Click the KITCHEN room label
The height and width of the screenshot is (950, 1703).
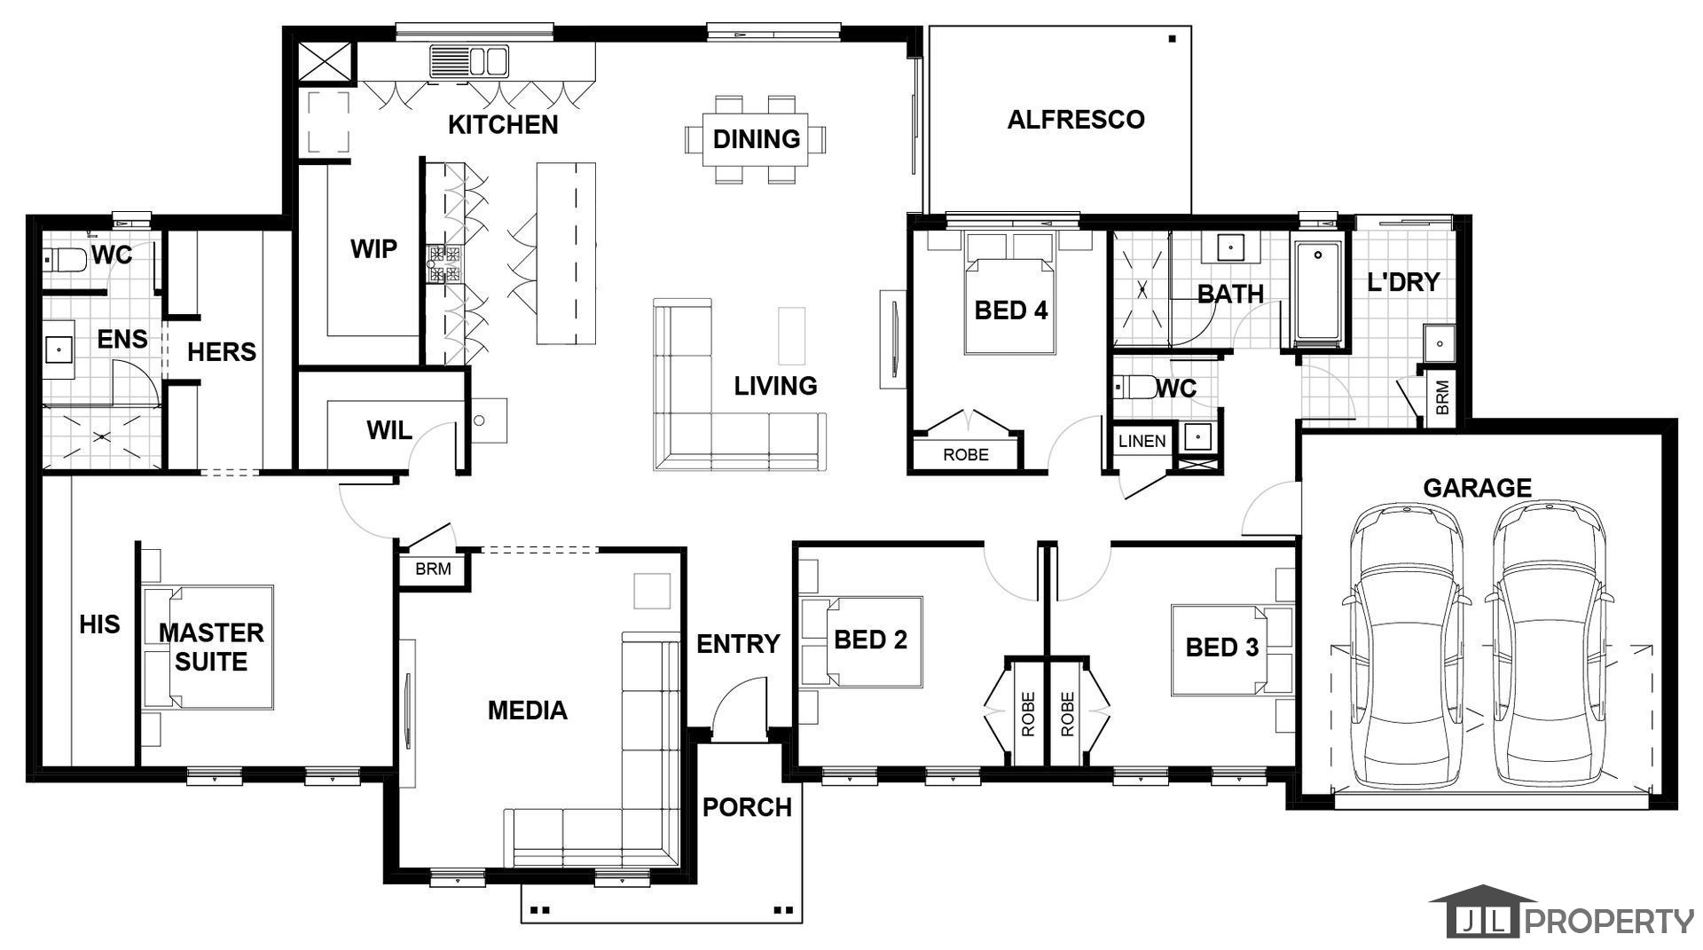(503, 125)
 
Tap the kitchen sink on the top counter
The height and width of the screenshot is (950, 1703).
(469, 61)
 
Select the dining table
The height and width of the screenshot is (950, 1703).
(756, 139)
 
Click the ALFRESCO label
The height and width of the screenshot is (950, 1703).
(1076, 120)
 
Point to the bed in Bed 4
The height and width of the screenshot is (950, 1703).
(1010, 294)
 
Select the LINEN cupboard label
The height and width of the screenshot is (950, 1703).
(1142, 441)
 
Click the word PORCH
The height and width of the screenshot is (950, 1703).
(747, 808)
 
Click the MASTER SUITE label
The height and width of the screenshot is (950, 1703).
(211, 647)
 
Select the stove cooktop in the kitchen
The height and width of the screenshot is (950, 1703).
(443, 263)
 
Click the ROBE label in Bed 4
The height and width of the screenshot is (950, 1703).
(966, 455)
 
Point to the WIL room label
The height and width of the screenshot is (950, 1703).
(389, 431)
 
